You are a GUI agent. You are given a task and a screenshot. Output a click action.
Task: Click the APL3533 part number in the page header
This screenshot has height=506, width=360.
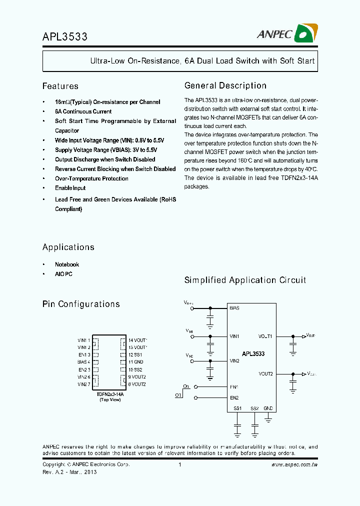coord(65,37)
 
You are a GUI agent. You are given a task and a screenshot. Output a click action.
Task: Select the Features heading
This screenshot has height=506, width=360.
coord(60,86)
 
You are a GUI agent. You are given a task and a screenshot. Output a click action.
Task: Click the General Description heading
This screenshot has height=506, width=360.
coord(225,85)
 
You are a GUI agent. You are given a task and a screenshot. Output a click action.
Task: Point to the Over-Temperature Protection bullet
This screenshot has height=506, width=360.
coord(91,178)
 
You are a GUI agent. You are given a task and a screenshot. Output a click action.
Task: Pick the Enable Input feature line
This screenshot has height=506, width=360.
coord(70,188)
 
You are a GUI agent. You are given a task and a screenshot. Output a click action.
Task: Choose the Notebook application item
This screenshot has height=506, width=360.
coord(67,264)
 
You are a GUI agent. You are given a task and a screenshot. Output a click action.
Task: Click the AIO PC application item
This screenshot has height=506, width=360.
coord(63,274)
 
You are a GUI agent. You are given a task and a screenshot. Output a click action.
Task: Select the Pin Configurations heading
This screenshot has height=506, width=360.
coord(81,304)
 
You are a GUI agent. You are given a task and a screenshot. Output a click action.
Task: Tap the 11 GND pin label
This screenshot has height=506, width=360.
coord(135,361)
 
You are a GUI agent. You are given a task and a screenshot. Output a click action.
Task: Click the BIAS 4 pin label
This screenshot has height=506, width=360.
coord(83,361)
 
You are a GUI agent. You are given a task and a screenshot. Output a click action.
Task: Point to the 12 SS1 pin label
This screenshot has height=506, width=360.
coord(135,354)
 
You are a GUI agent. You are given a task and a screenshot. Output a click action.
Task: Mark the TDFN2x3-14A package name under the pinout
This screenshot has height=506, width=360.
coord(110,394)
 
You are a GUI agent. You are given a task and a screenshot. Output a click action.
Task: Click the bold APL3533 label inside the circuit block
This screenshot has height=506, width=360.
coord(253,353)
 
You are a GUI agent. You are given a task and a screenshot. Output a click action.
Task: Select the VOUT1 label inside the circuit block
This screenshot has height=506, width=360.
coord(265,336)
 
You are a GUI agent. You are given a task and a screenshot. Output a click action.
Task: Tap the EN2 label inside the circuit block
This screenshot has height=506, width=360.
coord(234,398)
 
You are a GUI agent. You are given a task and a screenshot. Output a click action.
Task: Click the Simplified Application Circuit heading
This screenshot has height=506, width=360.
coord(245,280)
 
